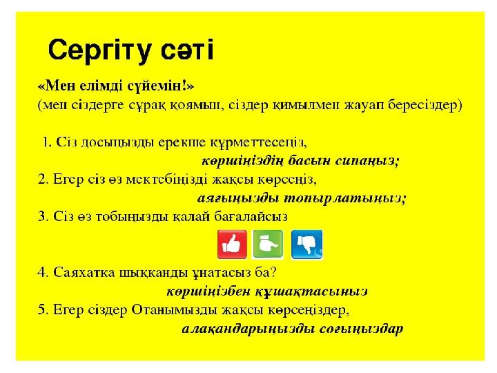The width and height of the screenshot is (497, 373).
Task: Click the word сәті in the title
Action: click(x=188, y=50)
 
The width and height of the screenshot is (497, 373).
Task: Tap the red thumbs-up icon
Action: click(x=232, y=245)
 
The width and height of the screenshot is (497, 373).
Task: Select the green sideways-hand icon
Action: click(x=268, y=245)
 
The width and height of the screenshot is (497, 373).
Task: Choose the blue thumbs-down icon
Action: click(x=306, y=245)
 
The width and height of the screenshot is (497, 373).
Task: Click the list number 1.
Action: click(x=47, y=142)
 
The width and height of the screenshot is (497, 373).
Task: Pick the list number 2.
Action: click(x=43, y=180)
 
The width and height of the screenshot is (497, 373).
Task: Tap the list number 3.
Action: click(x=43, y=217)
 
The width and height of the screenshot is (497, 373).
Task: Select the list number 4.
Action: click(x=43, y=272)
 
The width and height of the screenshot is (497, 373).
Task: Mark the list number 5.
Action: click(x=43, y=309)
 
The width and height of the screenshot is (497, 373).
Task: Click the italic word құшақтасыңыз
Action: click(x=311, y=291)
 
